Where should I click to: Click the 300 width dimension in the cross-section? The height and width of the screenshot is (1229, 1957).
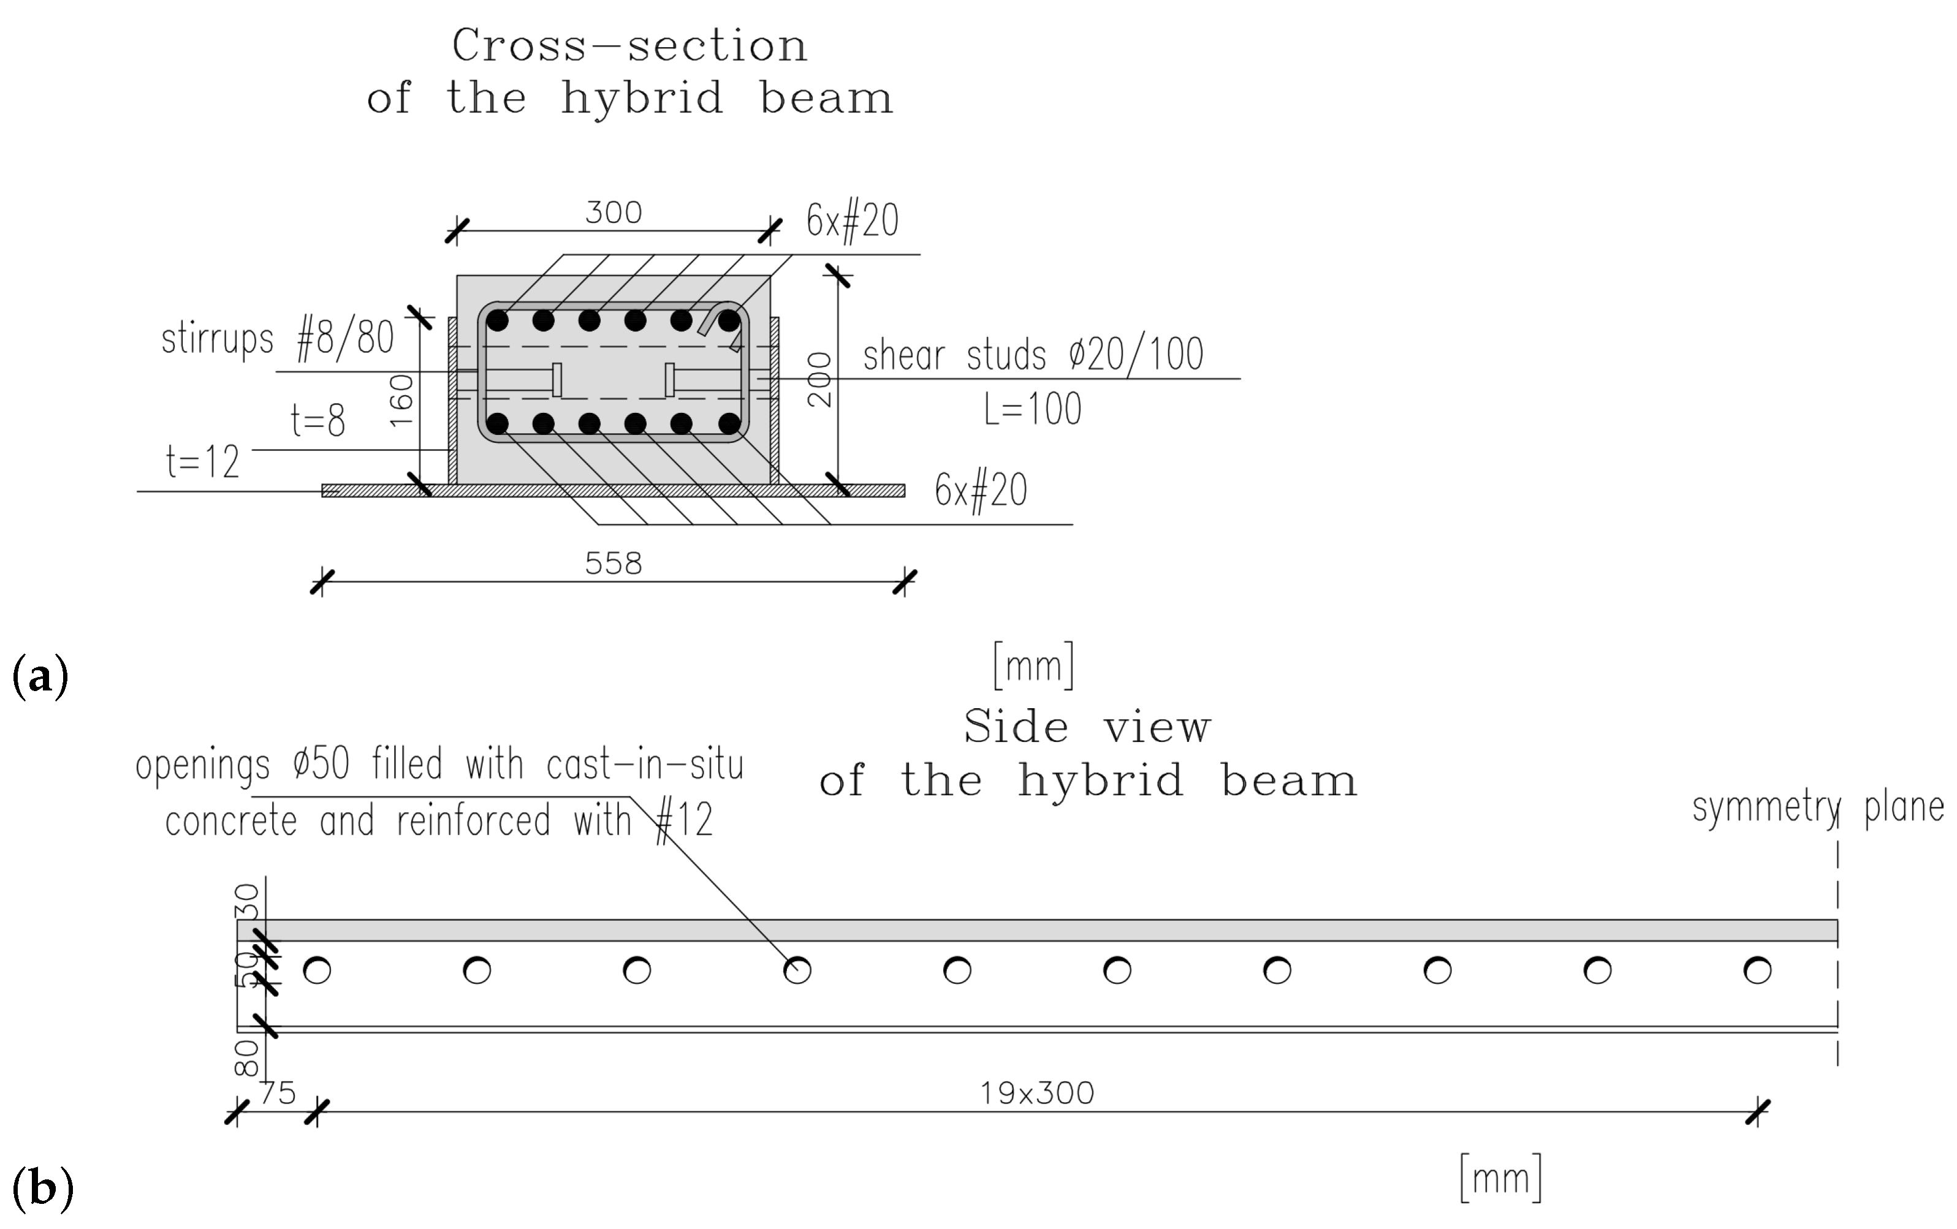click(x=614, y=213)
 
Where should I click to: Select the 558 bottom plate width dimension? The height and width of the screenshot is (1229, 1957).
click(x=614, y=564)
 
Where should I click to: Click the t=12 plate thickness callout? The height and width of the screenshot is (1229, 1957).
click(x=202, y=462)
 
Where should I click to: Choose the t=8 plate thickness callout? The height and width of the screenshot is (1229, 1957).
click(x=317, y=421)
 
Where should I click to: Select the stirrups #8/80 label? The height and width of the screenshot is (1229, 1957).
click(x=278, y=339)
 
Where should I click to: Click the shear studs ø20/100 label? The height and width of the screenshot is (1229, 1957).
click(x=1033, y=355)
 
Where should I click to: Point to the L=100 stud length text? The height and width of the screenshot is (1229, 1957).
click(x=1033, y=409)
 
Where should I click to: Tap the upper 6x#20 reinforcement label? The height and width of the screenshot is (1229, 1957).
click(x=853, y=221)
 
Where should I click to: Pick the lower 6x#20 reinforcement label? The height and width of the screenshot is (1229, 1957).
click(x=981, y=490)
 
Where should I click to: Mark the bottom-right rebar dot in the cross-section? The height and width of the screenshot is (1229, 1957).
click(x=729, y=423)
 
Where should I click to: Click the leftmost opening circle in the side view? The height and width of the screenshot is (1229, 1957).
click(x=317, y=970)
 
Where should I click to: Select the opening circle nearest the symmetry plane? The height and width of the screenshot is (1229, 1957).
click(x=1757, y=970)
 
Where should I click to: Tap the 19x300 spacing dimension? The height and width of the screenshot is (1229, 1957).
click(x=1037, y=1094)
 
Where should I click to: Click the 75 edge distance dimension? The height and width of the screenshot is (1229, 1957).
click(x=277, y=1094)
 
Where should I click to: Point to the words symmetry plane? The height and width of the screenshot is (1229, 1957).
click(x=1818, y=808)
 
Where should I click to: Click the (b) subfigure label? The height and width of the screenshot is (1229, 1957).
click(x=42, y=1187)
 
